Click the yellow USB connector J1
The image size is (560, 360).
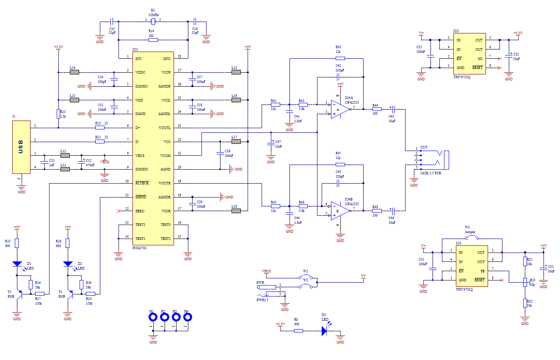pos(21,147)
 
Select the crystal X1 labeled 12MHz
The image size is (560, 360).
pos(153,21)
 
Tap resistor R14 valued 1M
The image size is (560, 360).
pos(153,40)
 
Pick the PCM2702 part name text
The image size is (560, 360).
pos(139,248)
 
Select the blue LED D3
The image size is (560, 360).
pos(324,331)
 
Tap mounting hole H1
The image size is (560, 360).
pos(152,318)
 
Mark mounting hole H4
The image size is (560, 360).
pos(186,318)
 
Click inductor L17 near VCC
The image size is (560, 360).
pos(236,142)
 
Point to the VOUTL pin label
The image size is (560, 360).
pos(165,128)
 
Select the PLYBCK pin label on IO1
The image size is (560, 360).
pos(142,184)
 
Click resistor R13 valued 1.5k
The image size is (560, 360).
pos(58,113)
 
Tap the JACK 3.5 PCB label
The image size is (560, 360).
pos(430,172)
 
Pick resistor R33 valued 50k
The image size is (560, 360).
pos(525,282)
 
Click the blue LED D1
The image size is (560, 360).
pos(17,264)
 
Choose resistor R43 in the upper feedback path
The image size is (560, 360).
pos(340,58)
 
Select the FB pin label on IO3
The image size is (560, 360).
pos(482,271)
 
